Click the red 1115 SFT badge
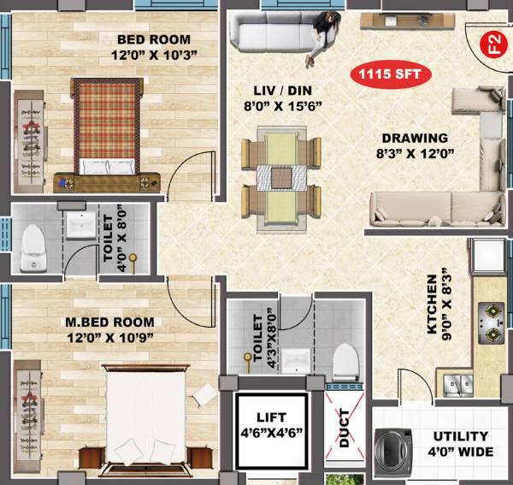pos(390,74)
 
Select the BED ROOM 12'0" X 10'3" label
pos(154,47)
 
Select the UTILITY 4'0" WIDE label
pos(460,443)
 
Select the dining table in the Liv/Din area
pos(282,177)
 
